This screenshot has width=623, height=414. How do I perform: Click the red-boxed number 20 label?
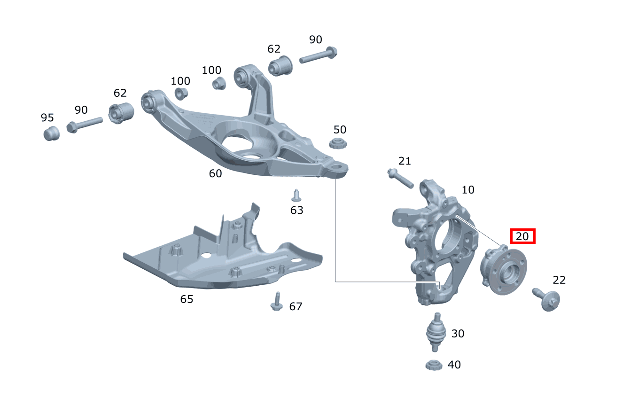click(522, 236)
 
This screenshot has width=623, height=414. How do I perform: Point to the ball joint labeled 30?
click(436, 332)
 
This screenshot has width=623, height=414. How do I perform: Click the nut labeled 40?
click(434, 365)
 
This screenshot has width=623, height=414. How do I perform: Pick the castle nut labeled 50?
click(338, 143)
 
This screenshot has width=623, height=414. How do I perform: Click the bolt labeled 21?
click(400, 179)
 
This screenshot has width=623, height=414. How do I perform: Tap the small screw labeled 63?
click(296, 195)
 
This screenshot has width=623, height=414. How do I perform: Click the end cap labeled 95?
click(52, 133)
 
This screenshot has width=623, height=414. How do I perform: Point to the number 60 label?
click(215, 173)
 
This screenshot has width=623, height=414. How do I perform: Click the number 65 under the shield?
click(187, 299)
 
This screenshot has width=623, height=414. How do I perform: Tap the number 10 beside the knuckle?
click(468, 190)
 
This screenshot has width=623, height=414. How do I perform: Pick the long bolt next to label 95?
click(85, 125)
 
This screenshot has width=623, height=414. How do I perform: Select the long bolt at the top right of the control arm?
click(318, 55)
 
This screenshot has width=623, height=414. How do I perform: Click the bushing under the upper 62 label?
click(280, 66)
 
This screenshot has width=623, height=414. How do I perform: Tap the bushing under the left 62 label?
click(121, 113)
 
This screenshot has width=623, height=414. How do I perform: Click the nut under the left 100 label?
click(181, 94)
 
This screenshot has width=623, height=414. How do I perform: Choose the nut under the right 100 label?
click(219, 83)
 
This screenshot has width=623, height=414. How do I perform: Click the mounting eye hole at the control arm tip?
click(337, 167)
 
